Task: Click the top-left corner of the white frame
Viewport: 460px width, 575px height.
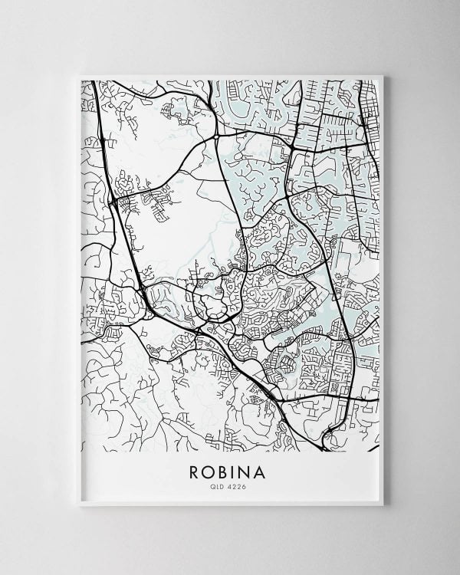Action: pos(79,75)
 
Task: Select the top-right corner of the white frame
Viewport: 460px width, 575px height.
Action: pos(383,75)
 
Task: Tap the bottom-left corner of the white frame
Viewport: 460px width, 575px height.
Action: pos(79,505)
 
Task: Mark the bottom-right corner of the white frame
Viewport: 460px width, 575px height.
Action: pos(383,505)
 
